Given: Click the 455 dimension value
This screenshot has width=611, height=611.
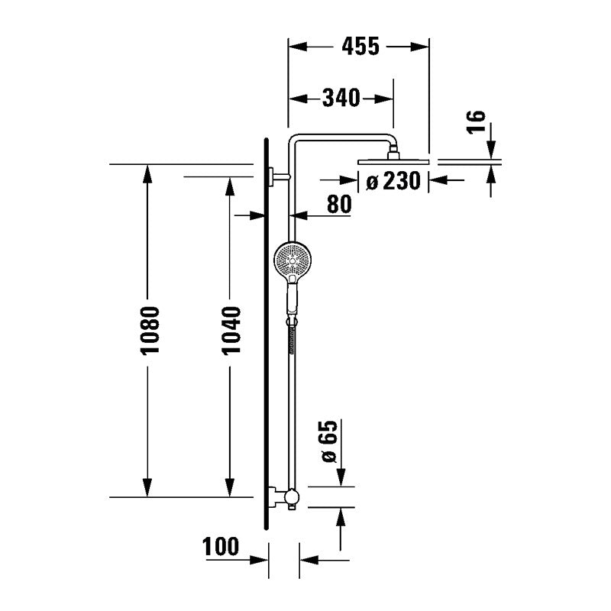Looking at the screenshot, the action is pyautogui.click(x=360, y=47).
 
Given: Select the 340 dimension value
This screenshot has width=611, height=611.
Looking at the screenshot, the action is pyautogui.click(x=341, y=98).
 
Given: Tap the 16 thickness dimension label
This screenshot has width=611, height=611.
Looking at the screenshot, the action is pyautogui.click(x=477, y=122).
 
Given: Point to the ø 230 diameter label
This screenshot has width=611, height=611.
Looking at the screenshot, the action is pyautogui.click(x=393, y=181).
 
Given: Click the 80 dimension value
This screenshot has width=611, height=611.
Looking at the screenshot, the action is pyautogui.click(x=339, y=204).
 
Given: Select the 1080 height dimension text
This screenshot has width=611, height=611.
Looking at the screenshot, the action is pyautogui.click(x=150, y=331).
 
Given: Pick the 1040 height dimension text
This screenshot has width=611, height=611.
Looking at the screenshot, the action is pyautogui.click(x=231, y=331).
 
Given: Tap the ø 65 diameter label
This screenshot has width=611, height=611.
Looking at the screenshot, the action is pyautogui.click(x=329, y=442).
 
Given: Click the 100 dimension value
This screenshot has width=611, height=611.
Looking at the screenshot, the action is pyautogui.click(x=221, y=546).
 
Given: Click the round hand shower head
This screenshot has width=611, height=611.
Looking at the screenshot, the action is pyautogui.click(x=293, y=260).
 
